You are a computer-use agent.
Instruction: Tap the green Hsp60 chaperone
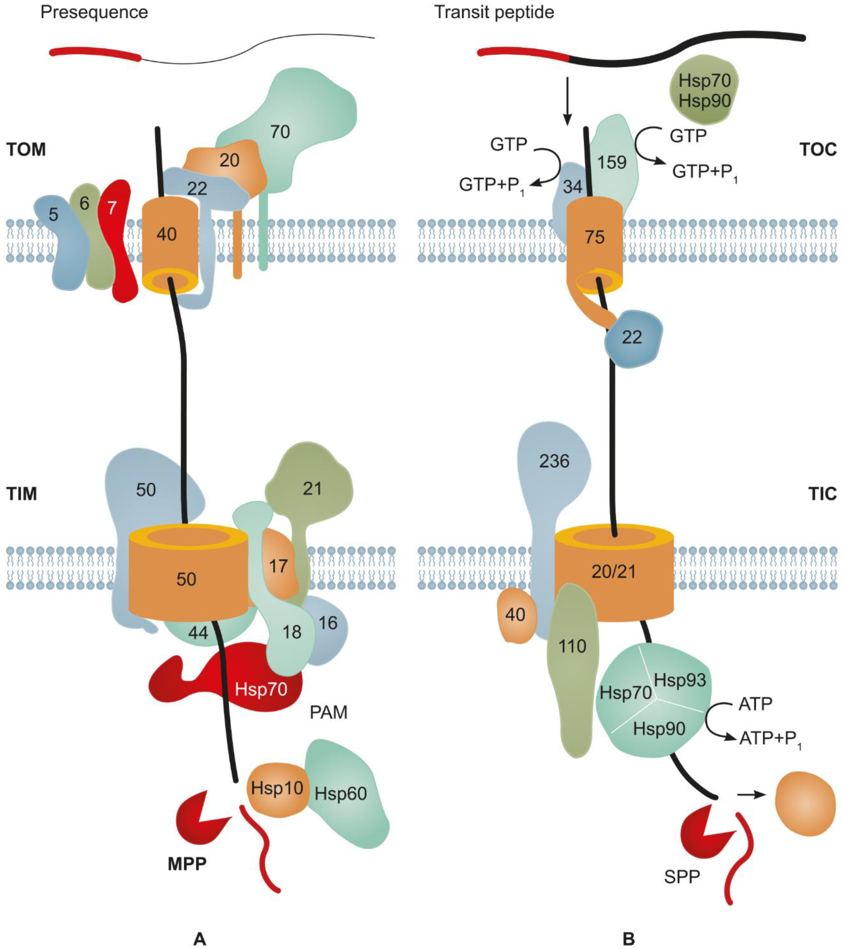(x=343, y=794)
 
